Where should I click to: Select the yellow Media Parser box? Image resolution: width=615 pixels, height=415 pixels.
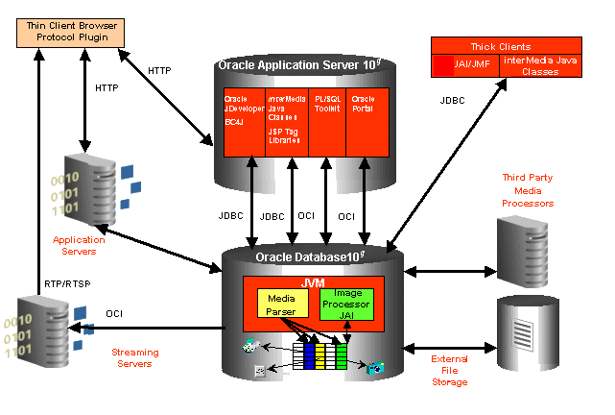click(280, 304)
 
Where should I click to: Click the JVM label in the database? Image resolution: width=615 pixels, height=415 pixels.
click(313, 283)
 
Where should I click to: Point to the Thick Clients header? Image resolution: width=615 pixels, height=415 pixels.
click(506, 45)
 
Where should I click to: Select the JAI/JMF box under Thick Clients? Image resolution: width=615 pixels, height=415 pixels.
click(464, 65)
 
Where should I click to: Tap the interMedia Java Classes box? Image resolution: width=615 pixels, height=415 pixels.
click(541, 65)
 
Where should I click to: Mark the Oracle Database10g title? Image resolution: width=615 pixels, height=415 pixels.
click(311, 257)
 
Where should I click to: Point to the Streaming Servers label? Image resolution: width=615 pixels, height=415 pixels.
click(135, 358)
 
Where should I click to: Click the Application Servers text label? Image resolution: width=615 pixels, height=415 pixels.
click(79, 246)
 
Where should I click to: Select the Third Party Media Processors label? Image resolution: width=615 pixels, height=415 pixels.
click(528, 190)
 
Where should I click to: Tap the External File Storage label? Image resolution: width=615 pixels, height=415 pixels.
click(449, 370)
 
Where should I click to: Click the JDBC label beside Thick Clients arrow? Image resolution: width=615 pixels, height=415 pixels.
click(454, 100)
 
